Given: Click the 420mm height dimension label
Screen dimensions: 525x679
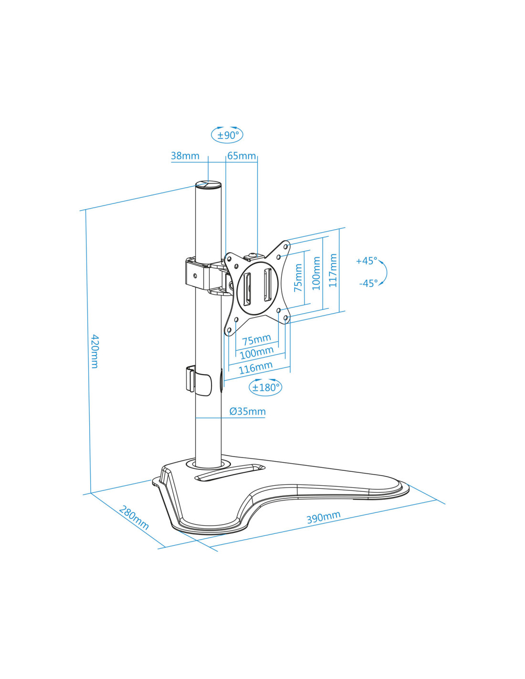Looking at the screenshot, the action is pos(94,351).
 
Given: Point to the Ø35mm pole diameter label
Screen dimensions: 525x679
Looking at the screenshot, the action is pos(248,411).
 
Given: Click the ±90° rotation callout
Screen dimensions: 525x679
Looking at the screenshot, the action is pos(227,135).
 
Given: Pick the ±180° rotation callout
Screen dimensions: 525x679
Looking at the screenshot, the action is pos(265,387).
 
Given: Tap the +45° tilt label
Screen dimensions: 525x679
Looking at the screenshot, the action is pos(367,261).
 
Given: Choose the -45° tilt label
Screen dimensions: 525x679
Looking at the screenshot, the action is pos(368,283).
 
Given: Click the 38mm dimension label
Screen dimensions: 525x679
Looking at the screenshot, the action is pos(185,156).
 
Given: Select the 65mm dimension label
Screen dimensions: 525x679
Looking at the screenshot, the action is pos(241,156).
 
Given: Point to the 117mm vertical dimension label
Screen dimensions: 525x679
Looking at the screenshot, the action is pos(333,270).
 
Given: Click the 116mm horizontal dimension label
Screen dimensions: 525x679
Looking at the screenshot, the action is pos(255,368).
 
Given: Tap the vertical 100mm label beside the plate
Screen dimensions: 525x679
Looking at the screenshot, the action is pos(316,273).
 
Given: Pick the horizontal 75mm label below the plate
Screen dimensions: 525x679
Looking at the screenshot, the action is pos(256,339).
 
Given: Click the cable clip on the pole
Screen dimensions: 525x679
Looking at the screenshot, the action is pos(199,380).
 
